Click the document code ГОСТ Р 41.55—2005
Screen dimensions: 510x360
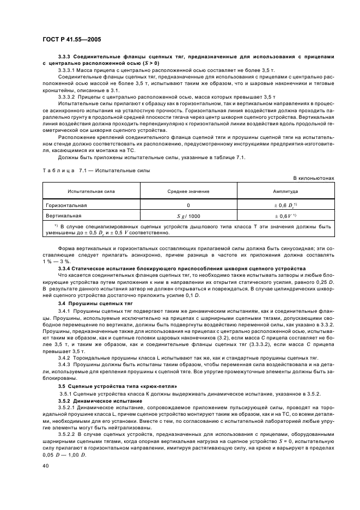70,40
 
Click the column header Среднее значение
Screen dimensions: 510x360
188,192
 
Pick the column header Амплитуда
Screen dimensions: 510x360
285,192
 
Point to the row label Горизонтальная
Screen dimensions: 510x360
66,205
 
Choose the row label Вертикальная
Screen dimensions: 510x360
64,216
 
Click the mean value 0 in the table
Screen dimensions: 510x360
188,205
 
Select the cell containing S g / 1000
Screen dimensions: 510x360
188,216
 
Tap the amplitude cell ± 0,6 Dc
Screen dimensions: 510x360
285,205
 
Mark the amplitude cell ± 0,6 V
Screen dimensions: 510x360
285,216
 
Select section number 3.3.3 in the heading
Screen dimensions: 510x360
65,57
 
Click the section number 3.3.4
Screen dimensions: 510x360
65,269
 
